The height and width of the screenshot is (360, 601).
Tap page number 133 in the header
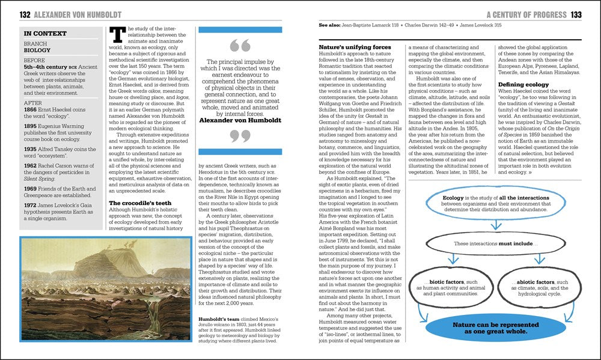[x=576, y=14]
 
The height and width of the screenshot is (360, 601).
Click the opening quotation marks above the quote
[x=240, y=47]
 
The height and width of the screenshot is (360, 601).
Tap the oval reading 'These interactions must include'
[x=493, y=243]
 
